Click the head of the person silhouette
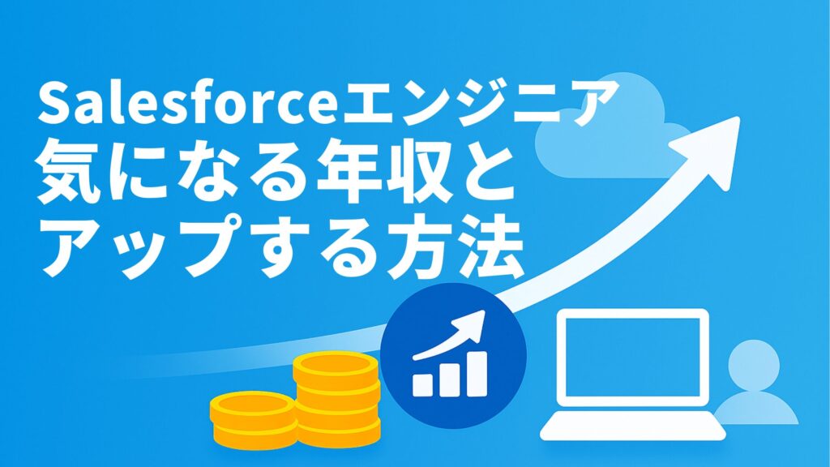pos(753,364)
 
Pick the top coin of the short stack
pos(252,404)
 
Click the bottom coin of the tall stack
pos(336,430)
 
